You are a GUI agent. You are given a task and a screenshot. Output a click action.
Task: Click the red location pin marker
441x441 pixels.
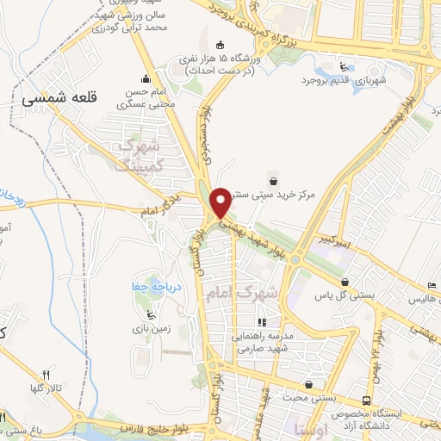(220, 202)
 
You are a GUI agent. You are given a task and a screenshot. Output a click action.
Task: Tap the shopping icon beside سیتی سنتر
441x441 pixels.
(274, 181)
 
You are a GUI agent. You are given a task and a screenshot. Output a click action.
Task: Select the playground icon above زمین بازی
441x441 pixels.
(152, 312)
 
